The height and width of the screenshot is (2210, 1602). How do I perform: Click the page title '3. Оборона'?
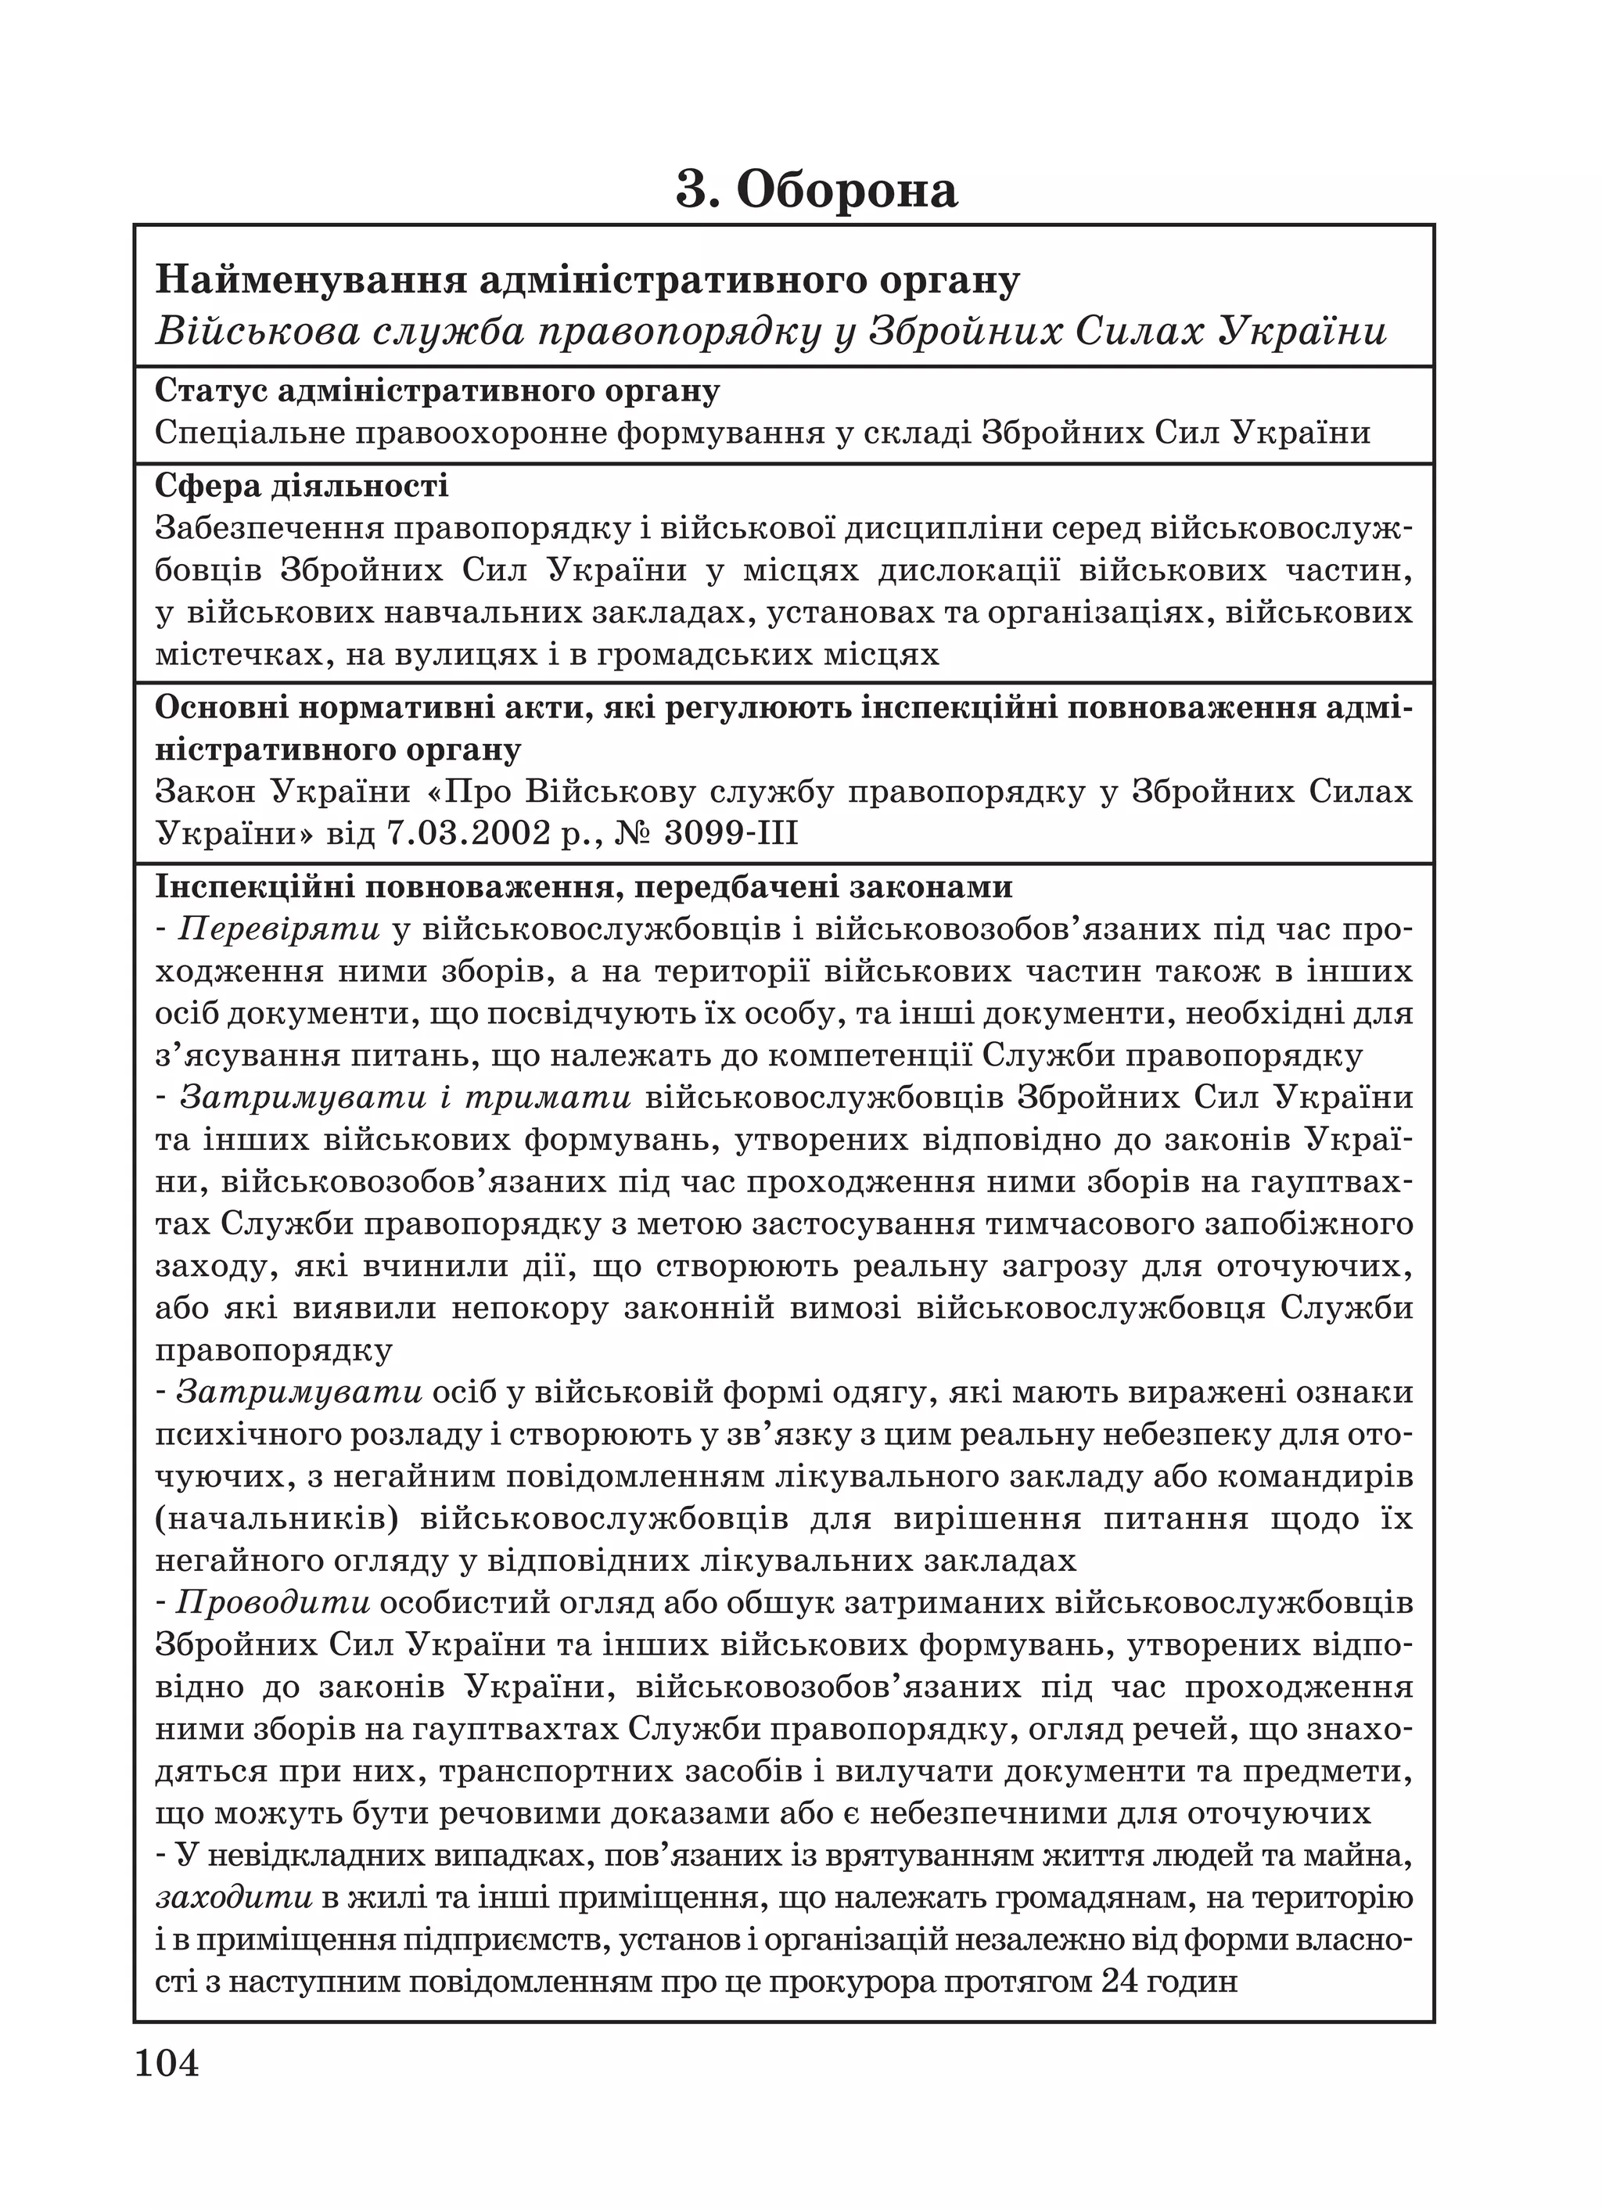(817, 189)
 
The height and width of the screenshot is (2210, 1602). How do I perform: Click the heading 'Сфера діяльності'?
(301, 485)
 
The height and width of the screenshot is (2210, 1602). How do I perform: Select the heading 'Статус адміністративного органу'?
(437, 390)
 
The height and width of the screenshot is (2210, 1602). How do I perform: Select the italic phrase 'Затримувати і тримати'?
(405, 1098)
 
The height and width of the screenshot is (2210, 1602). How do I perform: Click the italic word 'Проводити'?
(274, 1603)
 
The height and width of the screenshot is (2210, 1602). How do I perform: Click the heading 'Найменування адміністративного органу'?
(587, 281)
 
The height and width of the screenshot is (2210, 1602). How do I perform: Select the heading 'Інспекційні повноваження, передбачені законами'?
(584, 888)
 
